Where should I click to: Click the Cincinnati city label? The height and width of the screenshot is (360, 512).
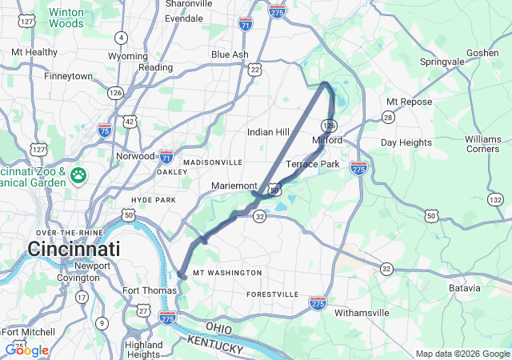tap(74, 248)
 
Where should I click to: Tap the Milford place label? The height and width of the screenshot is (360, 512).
tap(327, 140)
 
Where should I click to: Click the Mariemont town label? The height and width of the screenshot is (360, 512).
tap(234, 186)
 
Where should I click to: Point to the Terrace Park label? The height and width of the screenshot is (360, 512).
tap(313, 164)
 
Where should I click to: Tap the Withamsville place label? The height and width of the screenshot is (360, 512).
tap(362, 312)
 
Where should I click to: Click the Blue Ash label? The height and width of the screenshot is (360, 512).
tap(230, 54)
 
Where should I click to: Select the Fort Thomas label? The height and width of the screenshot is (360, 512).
tap(148, 290)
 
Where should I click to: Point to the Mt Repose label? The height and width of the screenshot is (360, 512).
tap(409, 102)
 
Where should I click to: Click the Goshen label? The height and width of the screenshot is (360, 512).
tap(482, 53)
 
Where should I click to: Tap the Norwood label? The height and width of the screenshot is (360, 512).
tap(134, 156)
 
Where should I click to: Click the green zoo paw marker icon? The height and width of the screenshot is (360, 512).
tap(78, 175)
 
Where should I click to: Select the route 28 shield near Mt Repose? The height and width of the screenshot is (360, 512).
tap(388, 118)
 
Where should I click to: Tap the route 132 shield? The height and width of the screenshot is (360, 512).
tap(496, 199)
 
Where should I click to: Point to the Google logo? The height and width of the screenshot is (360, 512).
tap(26, 350)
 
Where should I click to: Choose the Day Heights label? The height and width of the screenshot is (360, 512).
tap(406, 142)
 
